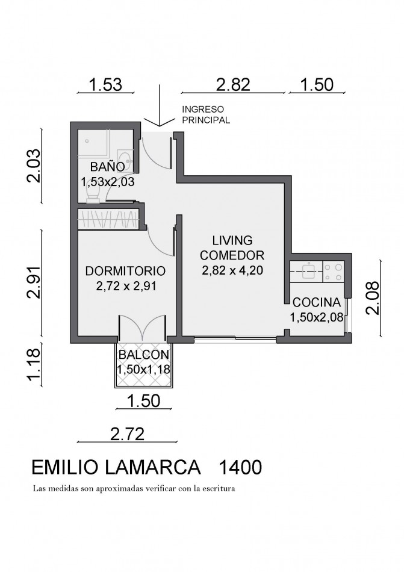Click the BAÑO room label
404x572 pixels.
tap(108, 166)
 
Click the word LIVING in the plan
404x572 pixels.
tap(232, 240)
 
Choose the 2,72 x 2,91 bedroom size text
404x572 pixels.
tap(126, 286)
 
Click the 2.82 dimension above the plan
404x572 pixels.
tap(232, 84)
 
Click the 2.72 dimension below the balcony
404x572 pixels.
tap(127, 432)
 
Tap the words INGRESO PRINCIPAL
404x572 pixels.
tap(205, 115)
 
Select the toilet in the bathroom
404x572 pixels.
tap(94, 191)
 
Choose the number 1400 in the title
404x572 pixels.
tap(240, 467)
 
